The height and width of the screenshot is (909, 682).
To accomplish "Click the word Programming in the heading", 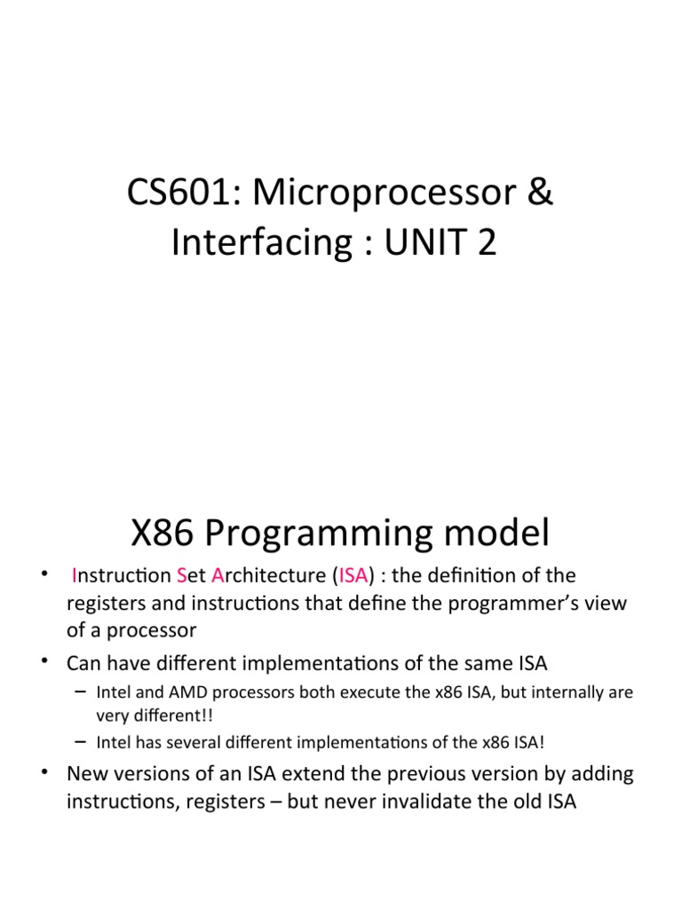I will click(326, 535).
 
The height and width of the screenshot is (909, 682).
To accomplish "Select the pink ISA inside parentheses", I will click(353, 575).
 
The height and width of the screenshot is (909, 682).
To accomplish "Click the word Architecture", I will click(269, 575).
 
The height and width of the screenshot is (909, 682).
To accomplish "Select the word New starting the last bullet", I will click(87, 773).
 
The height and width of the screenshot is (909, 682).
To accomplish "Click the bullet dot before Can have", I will click(44, 662).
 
